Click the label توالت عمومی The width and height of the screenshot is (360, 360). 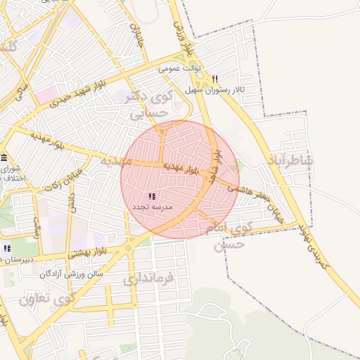pos(180,69)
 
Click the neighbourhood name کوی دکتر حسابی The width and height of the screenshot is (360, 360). pos(147,104)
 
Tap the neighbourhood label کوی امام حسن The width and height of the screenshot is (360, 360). pos(225,236)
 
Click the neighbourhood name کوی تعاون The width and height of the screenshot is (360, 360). pos(46,299)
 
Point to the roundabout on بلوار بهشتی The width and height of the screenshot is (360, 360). pos(129,247)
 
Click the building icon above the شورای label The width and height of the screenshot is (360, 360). pos(4,157)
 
